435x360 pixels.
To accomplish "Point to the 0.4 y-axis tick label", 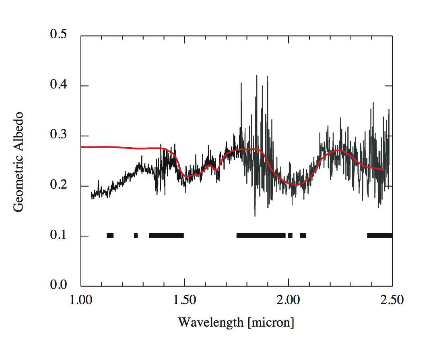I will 59,85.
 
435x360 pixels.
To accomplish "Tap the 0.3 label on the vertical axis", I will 59,136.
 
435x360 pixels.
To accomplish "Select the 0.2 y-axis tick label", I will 59,185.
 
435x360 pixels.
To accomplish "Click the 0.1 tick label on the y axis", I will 59,236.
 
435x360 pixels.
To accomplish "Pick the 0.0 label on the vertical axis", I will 59,285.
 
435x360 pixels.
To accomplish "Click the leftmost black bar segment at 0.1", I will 110,236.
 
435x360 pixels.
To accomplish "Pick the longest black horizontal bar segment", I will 261,236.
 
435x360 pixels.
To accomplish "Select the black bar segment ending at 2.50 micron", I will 379,236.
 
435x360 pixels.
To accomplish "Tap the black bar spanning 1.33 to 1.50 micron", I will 166,236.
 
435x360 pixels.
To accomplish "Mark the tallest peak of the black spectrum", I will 256,76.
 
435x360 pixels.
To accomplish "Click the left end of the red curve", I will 82,147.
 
